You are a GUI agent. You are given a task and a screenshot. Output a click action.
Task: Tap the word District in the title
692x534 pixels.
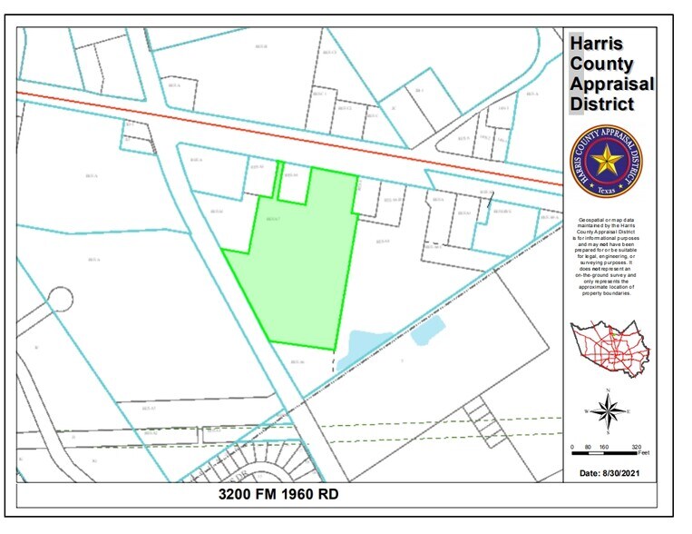[602, 104]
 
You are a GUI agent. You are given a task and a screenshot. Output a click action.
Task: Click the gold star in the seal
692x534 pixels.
[605, 162]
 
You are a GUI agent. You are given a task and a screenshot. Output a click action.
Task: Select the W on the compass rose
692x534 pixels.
[588, 411]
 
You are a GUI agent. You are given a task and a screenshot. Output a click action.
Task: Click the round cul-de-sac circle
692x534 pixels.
[61, 298]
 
